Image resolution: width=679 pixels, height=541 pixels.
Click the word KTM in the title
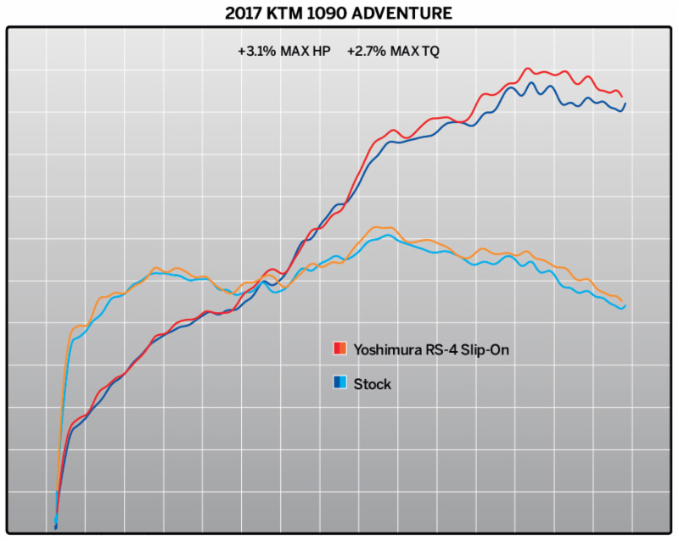click(x=303, y=14)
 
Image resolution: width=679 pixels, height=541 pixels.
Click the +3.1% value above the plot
click(x=254, y=51)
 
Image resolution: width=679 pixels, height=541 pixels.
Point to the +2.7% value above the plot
click(x=362, y=51)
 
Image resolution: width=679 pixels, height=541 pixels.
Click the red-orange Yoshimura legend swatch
click(x=339, y=349)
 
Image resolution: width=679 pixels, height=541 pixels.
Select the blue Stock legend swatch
click(x=339, y=383)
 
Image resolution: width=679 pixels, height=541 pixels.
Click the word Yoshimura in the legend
click(x=387, y=349)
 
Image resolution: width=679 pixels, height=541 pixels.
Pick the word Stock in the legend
click(x=372, y=384)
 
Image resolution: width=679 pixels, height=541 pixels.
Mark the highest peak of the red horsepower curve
click(x=527, y=69)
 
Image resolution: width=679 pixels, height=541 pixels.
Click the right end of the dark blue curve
click(x=626, y=103)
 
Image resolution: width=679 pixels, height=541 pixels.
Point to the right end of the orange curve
click(x=624, y=301)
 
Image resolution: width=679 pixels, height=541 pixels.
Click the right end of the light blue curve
click(x=625, y=306)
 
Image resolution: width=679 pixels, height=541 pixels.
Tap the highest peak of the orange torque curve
click(x=379, y=227)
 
